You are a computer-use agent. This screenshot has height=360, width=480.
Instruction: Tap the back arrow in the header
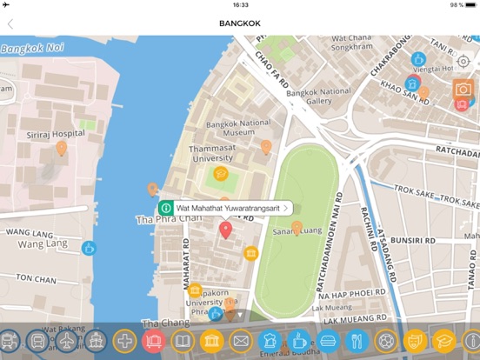10,23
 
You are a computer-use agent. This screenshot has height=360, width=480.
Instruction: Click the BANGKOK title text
239,23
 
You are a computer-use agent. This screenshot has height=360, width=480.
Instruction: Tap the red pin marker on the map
225,230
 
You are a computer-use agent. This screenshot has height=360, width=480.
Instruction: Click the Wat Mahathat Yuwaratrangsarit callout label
227,209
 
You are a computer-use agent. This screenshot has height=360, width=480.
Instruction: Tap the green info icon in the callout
166,209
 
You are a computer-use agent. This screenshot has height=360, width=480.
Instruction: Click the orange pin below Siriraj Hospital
62,149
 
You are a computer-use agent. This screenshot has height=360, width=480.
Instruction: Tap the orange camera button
463,90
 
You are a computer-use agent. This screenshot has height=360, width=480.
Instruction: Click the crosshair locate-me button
463,62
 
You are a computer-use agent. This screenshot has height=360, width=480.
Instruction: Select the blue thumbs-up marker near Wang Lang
89,249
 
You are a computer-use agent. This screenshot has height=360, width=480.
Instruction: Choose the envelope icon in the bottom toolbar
241,341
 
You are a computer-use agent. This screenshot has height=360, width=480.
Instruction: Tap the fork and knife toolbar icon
357,341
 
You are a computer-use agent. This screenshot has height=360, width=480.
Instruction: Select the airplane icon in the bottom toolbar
67,341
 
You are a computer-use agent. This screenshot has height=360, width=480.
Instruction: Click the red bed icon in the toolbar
154,341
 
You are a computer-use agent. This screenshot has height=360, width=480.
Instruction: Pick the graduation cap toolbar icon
443,341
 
